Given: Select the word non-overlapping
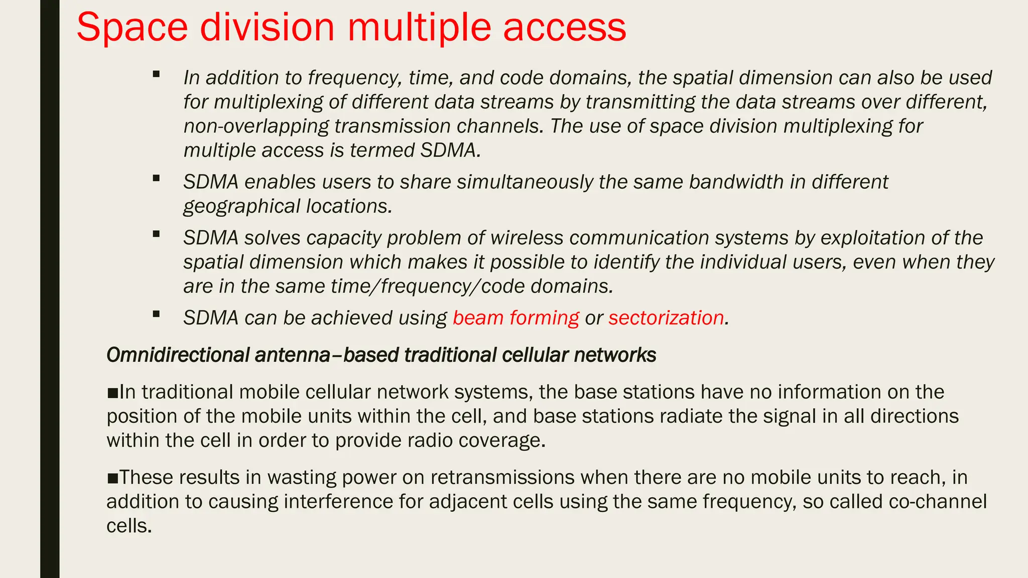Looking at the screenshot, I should point(256,126).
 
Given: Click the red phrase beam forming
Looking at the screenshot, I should point(516,318).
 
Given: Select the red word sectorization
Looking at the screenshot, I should point(666,318).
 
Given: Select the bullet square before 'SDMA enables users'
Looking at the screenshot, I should point(156,178).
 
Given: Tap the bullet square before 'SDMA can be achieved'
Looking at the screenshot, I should point(156,315).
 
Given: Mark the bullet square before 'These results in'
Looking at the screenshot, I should point(112,478).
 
